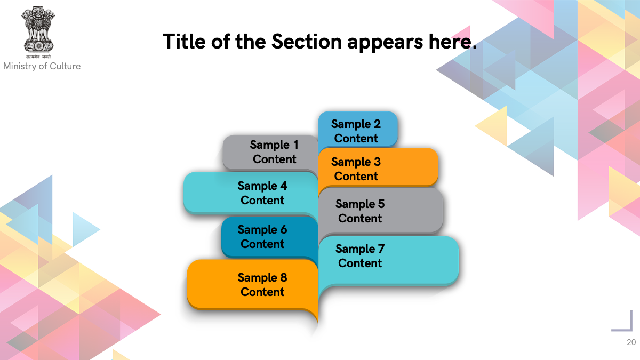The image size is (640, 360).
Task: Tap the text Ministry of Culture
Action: tap(42, 66)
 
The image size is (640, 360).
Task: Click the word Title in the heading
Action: tap(184, 42)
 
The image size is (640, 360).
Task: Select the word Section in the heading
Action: tap(307, 42)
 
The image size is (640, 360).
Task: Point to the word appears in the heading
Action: tap(385, 43)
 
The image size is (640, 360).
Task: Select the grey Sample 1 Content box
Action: tap(270, 153)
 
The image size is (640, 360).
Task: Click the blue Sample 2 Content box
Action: tap(358, 130)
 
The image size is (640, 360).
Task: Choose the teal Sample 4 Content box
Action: tap(251, 193)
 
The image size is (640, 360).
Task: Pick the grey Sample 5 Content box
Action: tap(381, 211)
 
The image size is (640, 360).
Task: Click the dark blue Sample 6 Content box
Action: tap(270, 237)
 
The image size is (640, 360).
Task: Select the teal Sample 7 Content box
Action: tap(389, 261)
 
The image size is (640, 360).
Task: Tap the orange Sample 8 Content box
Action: tap(253, 285)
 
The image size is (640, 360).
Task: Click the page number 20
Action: tap(631, 342)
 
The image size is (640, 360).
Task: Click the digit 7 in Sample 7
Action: tap(381, 249)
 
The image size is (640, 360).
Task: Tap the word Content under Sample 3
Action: tap(356, 177)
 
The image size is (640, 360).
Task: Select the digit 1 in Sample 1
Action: tap(296, 145)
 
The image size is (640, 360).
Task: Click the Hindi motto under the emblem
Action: tap(38, 57)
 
